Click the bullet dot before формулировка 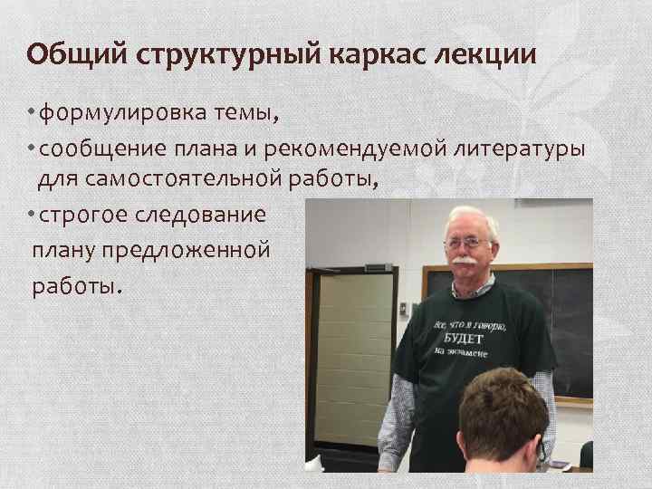tap(31, 114)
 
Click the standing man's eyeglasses tap(469, 243)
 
